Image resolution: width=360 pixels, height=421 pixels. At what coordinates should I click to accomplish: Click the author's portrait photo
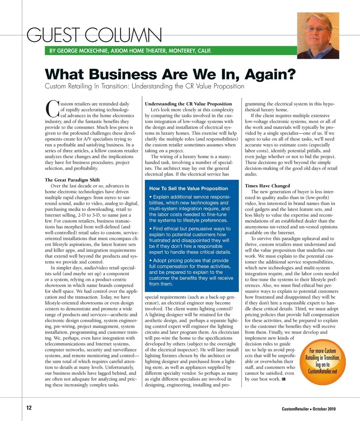click(318, 36)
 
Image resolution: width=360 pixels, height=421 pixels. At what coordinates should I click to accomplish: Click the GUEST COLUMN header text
click(94, 36)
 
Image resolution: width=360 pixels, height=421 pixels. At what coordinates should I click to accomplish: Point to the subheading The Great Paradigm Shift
click(72, 180)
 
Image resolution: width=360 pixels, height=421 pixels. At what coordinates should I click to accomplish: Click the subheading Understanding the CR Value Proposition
click(188, 104)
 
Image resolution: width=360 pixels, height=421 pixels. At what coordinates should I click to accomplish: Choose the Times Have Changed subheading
click(267, 186)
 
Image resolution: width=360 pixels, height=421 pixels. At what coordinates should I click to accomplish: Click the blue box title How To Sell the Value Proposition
click(188, 189)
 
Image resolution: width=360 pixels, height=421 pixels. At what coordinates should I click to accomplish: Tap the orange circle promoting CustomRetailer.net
click(323, 361)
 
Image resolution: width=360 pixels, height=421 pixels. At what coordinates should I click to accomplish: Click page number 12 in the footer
click(29, 408)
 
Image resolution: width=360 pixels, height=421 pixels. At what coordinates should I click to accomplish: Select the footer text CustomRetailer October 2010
click(309, 409)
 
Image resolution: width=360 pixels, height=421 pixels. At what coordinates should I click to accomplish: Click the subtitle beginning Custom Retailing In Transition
click(144, 87)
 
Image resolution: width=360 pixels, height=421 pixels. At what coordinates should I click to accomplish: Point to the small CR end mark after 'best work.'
click(284, 379)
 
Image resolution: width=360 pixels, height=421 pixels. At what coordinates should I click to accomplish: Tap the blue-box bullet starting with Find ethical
click(190, 240)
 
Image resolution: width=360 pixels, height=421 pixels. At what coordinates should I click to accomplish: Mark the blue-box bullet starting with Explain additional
click(189, 208)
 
